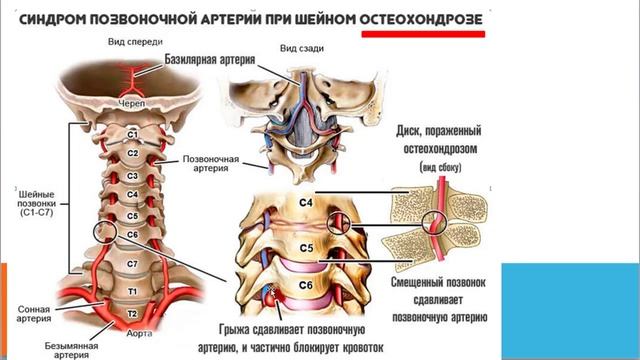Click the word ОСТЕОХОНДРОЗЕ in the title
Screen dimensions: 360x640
423,18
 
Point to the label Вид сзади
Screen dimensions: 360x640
299,48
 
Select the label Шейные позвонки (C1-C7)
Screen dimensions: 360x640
30,201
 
